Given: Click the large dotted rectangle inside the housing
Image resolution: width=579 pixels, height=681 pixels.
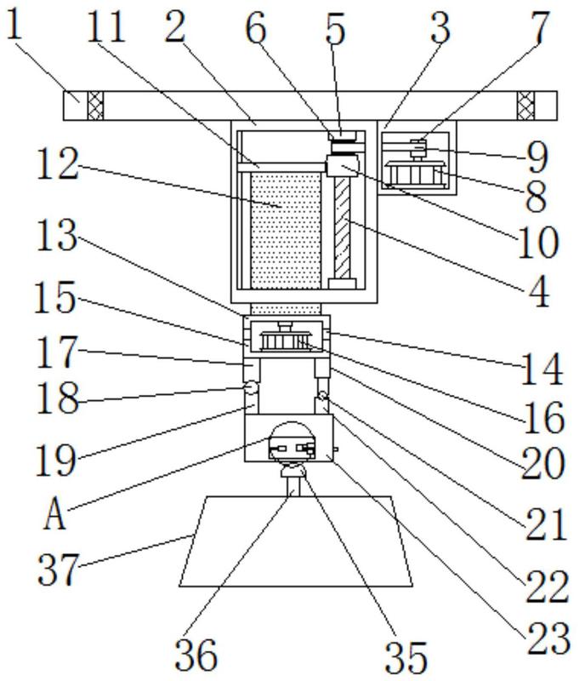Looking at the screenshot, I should pyautogui.click(x=286, y=228).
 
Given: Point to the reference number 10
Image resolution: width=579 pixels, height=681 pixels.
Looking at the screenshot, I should pyautogui.click(x=538, y=243).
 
